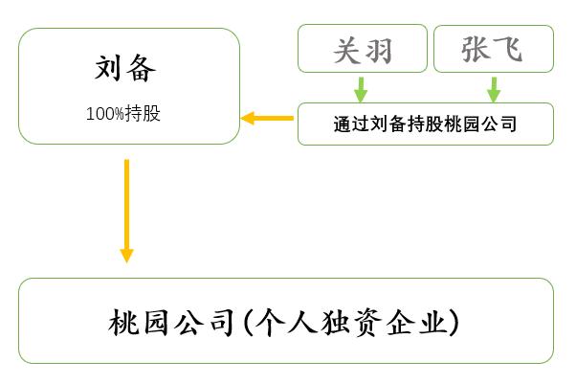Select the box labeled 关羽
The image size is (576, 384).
point(362,49)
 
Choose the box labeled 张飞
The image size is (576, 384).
point(494,49)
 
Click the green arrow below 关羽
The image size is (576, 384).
point(361,88)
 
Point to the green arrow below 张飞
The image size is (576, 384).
point(494,88)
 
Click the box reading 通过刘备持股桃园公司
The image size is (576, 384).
point(425,124)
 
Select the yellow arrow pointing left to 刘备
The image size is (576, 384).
point(267,118)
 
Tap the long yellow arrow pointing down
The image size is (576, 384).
point(126,210)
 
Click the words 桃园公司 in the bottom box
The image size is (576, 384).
point(171,323)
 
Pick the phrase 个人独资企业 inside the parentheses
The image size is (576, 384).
point(350,323)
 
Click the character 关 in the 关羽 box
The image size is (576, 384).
point(346,49)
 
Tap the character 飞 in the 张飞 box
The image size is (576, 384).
point(510,49)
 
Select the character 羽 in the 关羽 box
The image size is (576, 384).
point(378,49)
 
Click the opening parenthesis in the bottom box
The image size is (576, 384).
point(243,323)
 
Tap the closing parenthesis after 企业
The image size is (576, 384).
point(457,323)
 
